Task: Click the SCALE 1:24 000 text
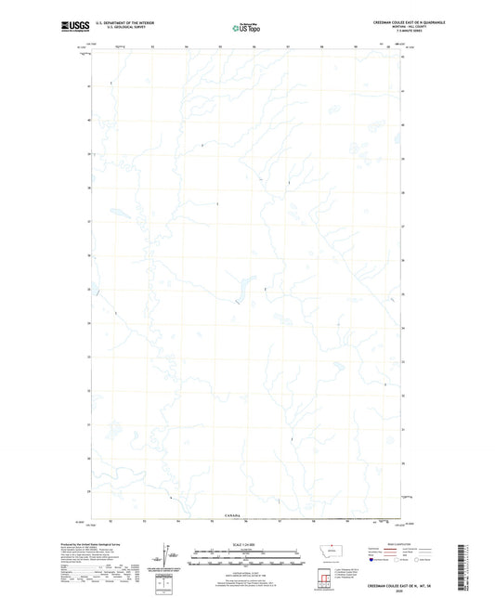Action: click(246, 542)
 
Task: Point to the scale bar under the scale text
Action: click(246, 554)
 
